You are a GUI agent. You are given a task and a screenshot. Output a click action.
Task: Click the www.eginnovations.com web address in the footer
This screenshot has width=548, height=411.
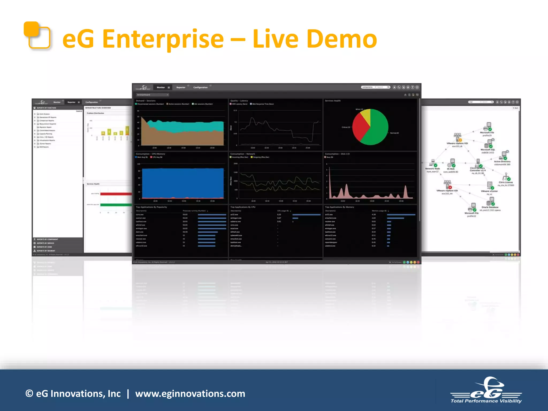pos(190,394)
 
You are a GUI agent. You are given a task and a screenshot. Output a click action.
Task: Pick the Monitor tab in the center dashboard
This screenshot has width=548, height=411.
pos(161,87)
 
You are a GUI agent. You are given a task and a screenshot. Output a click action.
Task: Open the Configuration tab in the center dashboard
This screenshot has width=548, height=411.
pos(200,87)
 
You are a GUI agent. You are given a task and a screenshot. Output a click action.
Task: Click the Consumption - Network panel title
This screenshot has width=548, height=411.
pos(243,154)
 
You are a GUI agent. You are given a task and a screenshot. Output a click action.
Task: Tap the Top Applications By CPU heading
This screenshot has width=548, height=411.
pos(243,207)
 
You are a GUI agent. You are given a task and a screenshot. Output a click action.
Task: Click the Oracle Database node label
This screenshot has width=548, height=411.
pos(490,207)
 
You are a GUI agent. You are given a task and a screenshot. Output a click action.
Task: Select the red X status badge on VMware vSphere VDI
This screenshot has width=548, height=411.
pos(450,187)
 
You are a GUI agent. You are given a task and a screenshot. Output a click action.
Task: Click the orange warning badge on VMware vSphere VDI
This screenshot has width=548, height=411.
pos(460,140)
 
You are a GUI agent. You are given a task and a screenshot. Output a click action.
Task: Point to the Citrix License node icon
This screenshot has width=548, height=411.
pos(505,177)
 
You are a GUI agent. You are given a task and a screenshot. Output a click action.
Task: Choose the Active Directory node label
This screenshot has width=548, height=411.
pos(502,162)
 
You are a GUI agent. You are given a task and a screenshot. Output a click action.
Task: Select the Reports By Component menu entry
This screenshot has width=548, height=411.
pos(47,239)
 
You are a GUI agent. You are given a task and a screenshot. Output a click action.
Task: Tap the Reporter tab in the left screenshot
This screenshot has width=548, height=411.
pos(71,102)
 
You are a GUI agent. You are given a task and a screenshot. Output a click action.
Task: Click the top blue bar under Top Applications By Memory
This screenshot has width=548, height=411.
pos(401,215)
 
